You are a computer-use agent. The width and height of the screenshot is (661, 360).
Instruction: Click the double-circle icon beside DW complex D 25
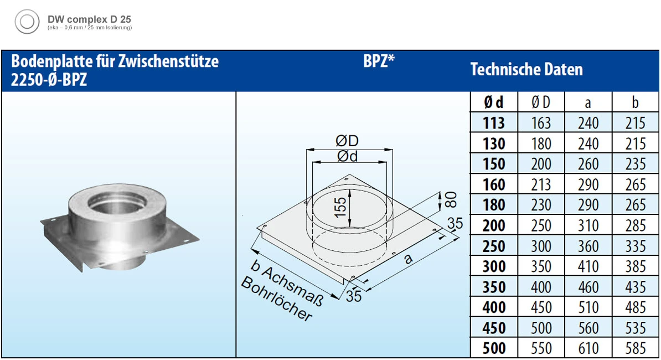(27, 23)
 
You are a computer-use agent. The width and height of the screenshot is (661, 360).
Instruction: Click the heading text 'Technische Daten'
(526, 70)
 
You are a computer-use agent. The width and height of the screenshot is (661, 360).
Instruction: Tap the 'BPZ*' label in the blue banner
(379, 62)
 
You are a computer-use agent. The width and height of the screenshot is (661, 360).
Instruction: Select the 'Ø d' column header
(493, 102)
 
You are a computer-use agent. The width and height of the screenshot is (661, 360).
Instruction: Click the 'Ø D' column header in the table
(541, 102)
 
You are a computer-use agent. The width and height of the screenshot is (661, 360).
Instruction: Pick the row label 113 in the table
(493, 123)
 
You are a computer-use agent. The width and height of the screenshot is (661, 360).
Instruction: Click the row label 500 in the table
(493, 348)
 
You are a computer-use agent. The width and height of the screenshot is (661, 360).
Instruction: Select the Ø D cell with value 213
(541, 184)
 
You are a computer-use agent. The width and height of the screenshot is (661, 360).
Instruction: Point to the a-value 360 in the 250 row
(588, 246)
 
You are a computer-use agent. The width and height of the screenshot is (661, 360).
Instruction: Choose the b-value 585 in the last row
(635, 348)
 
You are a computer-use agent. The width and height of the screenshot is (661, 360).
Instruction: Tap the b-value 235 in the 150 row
(635, 164)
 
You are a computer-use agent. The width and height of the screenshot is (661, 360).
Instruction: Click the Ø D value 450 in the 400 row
(541, 307)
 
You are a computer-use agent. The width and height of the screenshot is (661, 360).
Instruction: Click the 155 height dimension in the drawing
(341, 208)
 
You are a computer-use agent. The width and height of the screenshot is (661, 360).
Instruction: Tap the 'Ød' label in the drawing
(347, 157)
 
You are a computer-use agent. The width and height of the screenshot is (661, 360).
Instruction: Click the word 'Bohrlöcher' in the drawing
(277, 299)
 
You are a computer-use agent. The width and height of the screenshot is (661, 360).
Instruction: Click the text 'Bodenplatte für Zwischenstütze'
(115, 61)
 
